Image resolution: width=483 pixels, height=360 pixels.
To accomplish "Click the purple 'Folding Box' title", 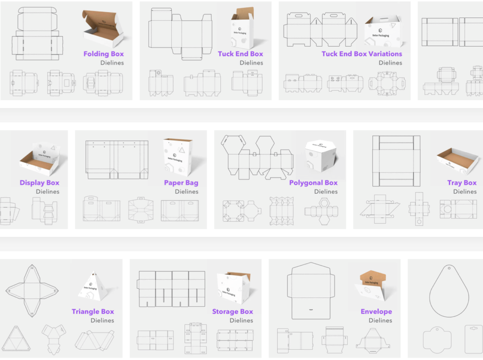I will [103, 54].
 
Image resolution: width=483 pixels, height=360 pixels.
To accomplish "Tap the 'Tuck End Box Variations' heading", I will [362, 54].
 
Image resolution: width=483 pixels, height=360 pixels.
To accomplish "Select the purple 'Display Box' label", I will [40, 183].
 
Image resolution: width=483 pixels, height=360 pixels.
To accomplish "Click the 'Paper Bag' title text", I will [181, 183].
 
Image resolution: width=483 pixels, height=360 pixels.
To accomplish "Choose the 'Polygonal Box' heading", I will [313, 183].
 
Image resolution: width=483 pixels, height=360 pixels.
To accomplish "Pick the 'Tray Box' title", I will [462, 183].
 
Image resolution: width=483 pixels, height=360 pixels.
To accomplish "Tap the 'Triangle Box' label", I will [93, 311].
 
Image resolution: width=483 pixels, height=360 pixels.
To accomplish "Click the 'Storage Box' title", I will [233, 311].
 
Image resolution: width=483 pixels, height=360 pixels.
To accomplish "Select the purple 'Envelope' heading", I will [376, 311].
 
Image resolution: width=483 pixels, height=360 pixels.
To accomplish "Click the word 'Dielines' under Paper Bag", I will [186, 192].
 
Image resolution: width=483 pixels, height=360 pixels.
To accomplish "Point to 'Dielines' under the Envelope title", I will [380, 320].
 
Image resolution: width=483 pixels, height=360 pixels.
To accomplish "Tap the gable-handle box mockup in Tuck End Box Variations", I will [383, 31].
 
